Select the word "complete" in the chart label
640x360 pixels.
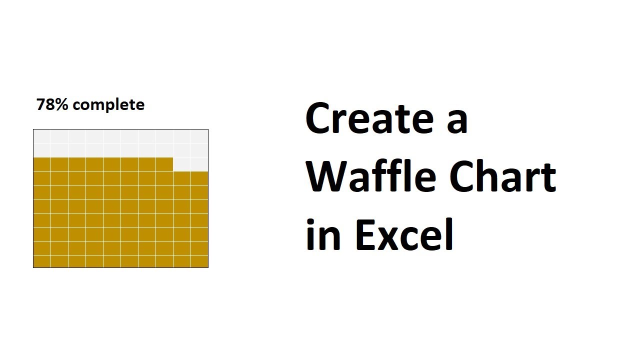pyautogui.click(x=111, y=105)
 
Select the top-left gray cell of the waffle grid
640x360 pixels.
pyautogui.click(x=42, y=136)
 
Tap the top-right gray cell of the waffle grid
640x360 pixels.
pyautogui.click(x=199, y=136)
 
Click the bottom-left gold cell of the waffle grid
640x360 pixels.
pyautogui.click(x=42, y=261)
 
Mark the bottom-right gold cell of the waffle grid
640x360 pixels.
pyautogui.click(x=199, y=261)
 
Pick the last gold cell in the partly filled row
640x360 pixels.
pyautogui.click(x=164, y=164)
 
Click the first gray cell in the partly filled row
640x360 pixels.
pyautogui.click(x=182, y=164)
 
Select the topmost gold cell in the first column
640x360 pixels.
pyautogui.click(x=42, y=164)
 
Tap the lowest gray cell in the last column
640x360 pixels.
pyautogui.click(x=199, y=164)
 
